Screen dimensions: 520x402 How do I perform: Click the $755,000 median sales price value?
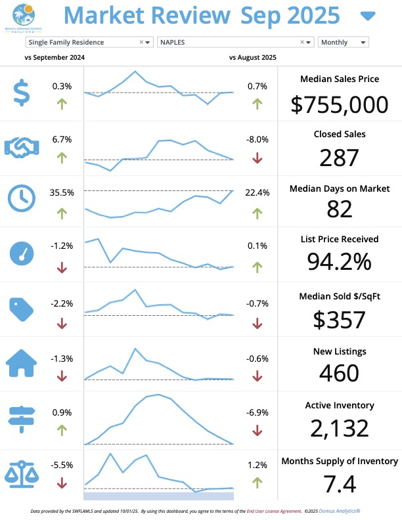tap(339, 104)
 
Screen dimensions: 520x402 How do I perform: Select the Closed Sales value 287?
tap(339, 158)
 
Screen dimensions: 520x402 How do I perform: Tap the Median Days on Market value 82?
tap(339, 209)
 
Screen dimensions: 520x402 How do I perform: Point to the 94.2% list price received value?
tap(339, 262)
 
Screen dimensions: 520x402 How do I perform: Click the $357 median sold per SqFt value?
tap(339, 319)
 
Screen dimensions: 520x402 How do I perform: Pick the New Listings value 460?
tap(339, 372)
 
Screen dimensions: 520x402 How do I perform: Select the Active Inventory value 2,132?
tap(339, 427)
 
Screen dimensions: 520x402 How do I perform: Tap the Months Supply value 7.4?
tap(339, 484)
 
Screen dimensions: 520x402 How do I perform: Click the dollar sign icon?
tap(21, 93)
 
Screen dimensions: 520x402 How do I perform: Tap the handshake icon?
tap(22, 146)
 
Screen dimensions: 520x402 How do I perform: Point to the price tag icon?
tap(22, 308)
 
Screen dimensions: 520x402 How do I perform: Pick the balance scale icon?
tap(22, 473)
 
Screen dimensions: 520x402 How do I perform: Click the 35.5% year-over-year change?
tap(61, 193)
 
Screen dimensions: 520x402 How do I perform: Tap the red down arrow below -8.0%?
tap(257, 158)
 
